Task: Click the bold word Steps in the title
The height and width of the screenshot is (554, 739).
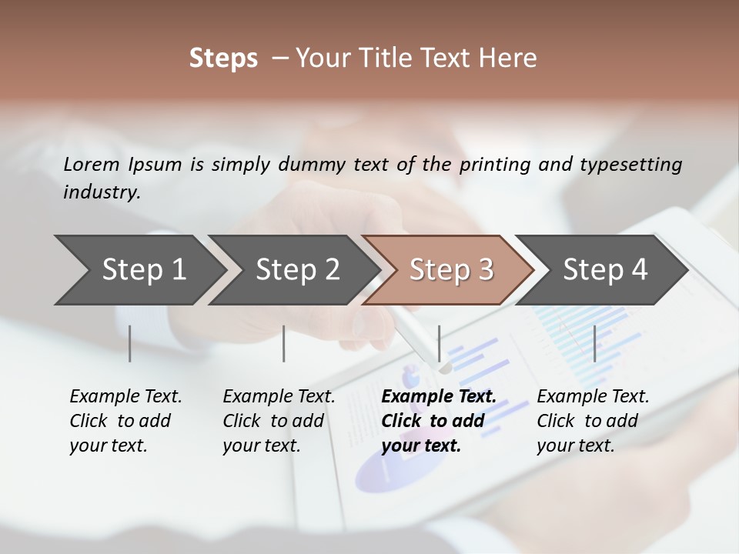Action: pos(223,58)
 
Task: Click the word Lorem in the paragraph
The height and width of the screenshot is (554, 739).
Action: pos(91,164)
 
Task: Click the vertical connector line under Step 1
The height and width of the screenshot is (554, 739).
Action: pos(130,343)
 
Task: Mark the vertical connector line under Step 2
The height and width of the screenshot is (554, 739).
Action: pos(284,343)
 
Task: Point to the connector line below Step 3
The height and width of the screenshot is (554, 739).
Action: pos(440,343)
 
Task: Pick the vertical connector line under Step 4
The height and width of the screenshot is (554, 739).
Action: pos(594,343)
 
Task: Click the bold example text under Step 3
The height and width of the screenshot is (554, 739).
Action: pos(438,421)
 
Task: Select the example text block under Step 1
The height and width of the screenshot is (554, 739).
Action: pos(125,421)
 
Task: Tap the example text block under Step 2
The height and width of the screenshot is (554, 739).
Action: pos(278,421)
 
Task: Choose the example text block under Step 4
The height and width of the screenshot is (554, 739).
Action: pos(592,421)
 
